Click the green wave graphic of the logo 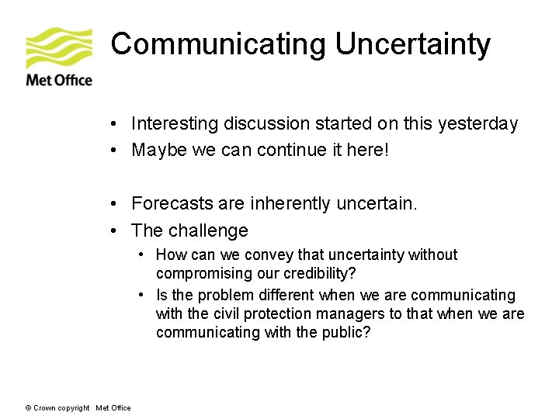click(59, 48)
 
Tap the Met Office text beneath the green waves click(59, 80)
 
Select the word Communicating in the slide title click(219, 44)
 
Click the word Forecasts click(171, 204)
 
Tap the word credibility click(305, 274)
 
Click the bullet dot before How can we click(142, 255)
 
